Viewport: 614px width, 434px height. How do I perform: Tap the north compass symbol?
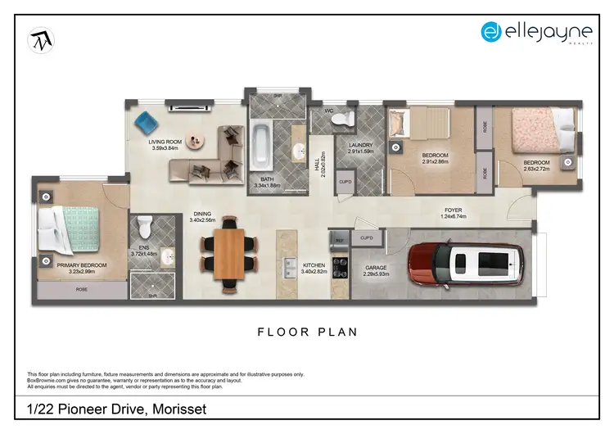40,40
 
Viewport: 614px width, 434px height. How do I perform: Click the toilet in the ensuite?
145,225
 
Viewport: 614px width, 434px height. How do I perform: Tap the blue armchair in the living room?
147,124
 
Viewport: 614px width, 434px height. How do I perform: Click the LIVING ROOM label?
165,142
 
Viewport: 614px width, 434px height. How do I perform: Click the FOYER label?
453,210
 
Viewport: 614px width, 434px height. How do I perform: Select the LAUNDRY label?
360,145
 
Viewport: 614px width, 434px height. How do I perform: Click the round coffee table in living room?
195,140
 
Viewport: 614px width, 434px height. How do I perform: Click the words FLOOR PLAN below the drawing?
307,332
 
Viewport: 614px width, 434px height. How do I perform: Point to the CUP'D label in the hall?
345,182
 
